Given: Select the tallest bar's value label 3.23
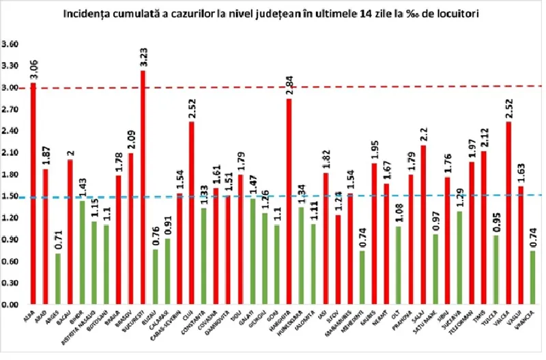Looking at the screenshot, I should [x=143, y=57].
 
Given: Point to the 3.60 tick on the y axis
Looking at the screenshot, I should [x=12, y=44].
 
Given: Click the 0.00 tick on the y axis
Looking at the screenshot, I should [x=12, y=304].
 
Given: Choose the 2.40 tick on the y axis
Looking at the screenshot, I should [x=12, y=131].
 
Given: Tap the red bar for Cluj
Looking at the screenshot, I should [x=191, y=212].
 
